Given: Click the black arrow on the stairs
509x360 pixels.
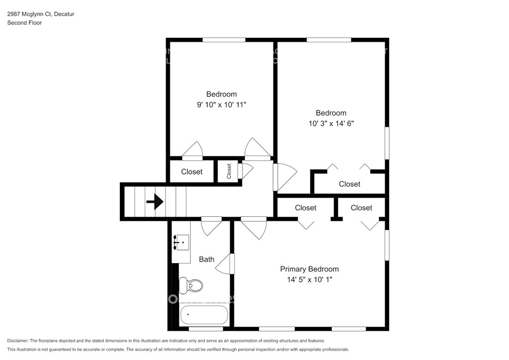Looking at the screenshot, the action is click(155, 202).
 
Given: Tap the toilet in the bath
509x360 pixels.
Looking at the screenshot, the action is click(192, 285).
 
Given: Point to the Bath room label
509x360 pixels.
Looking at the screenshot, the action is click(207, 259).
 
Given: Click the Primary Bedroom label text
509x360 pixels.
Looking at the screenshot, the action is click(309, 269).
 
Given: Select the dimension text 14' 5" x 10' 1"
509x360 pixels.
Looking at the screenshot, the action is click(309, 279).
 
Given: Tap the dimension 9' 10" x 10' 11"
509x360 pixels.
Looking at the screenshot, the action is click(222, 104).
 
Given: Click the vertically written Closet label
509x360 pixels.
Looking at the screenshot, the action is click(229, 171).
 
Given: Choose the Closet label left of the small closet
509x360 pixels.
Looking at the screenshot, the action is click(191, 172).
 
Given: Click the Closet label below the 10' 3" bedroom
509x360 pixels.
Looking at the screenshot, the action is click(349, 184).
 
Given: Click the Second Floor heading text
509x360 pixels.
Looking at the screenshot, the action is click(24, 22).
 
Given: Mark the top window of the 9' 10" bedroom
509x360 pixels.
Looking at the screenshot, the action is click(224, 40).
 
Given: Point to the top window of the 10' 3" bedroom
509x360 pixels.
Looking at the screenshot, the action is click(326, 40).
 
